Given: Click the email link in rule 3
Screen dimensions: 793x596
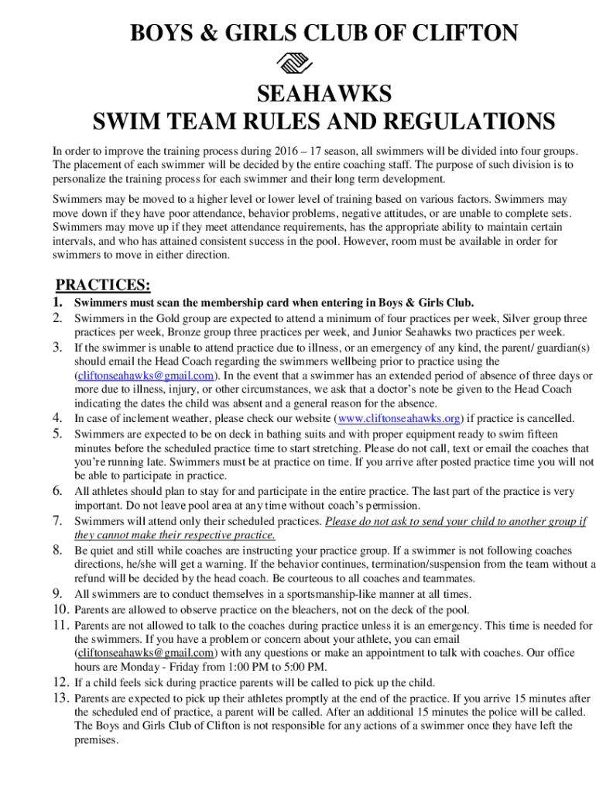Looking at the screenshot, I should click(x=145, y=376).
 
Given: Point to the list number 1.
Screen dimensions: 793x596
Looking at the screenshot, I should click(x=57, y=302).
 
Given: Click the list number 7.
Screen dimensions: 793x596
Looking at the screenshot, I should click(x=57, y=520).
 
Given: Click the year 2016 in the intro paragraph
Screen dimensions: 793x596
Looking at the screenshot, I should click(x=289, y=151).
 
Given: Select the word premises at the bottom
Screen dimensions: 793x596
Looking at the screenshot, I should click(x=95, y=740).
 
